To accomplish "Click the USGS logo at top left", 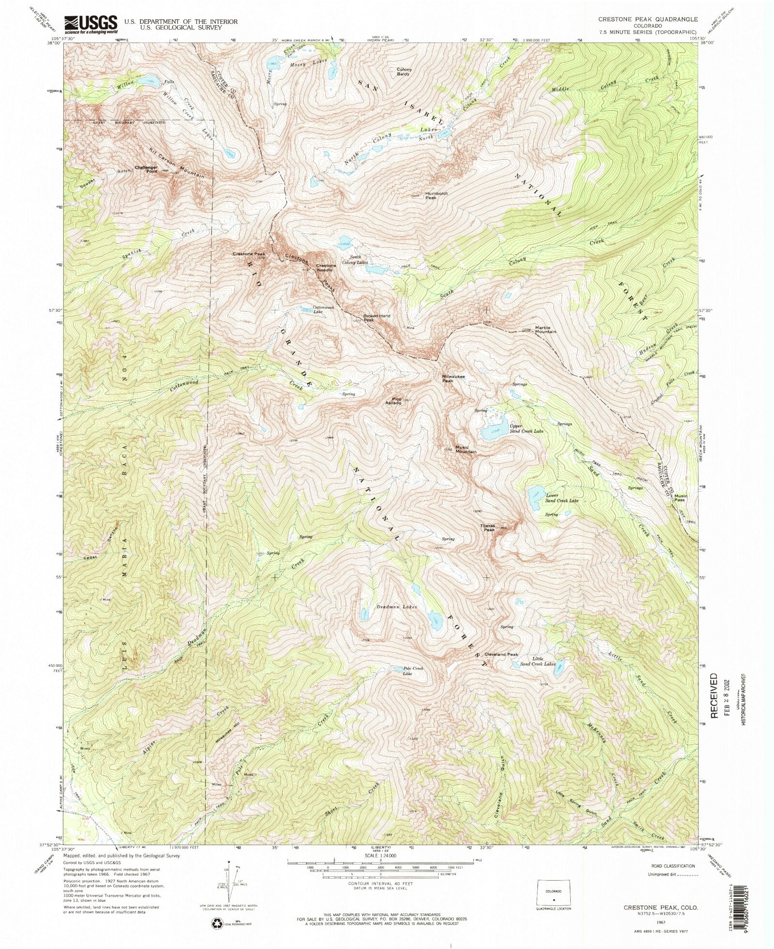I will tap(90, 24).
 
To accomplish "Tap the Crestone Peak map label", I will tap(248, 254).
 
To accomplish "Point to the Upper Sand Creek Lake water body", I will tap(493, 433).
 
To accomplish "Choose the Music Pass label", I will tap(681, 497).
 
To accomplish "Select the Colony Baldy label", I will tap(404, 72).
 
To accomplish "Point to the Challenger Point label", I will tap(146, 169).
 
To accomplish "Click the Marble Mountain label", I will tap(545, 330).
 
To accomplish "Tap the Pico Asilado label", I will tap(393, 401).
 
